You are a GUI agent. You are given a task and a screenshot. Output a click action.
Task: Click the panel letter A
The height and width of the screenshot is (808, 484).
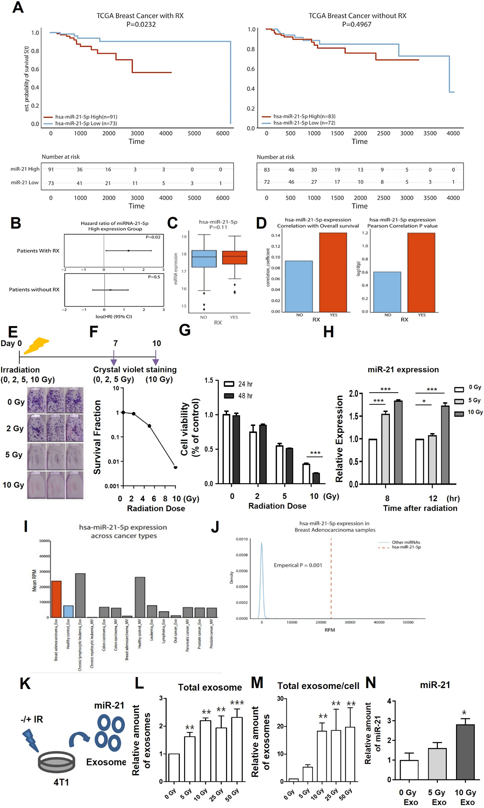pos(18,7)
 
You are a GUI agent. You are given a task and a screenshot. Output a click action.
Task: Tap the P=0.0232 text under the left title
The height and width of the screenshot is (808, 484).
pos(141,24)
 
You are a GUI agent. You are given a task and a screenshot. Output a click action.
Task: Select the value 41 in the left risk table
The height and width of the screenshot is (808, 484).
pos(79,183)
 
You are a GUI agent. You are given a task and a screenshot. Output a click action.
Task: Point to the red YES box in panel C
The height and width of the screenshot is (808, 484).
pos(235,257)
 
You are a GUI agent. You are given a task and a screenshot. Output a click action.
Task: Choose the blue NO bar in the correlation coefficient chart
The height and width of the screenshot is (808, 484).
pos(299,286)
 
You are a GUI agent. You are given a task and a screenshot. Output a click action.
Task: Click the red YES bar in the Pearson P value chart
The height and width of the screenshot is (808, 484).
pos(421,272)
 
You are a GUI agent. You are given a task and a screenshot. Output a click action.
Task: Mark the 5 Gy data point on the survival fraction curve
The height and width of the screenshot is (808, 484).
pos(149,426)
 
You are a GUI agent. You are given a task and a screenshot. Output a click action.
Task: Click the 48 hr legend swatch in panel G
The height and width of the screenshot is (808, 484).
pos(229,396)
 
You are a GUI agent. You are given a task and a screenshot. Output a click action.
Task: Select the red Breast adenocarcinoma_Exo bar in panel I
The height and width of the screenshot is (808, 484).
pos(56,599)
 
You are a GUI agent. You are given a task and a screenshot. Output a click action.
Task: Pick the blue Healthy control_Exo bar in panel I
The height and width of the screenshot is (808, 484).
pos(68,612)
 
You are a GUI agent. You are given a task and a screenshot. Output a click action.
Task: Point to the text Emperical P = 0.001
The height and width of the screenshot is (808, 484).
pos(298,565)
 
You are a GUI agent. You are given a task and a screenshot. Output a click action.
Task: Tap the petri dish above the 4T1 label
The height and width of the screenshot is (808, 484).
pos(56,762)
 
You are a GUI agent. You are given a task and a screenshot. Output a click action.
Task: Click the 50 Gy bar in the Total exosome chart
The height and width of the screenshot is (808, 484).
pos(237,749)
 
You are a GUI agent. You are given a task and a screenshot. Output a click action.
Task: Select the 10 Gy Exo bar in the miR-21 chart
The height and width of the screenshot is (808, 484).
pos(465,752)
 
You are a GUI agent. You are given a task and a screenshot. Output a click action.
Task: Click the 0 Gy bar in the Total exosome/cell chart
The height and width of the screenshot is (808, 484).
pos(293,780)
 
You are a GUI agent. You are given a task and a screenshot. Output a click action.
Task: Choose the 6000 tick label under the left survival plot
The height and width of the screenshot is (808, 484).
pos(223,133)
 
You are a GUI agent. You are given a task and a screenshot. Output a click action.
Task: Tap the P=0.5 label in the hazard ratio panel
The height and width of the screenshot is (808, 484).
pos(154,277)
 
